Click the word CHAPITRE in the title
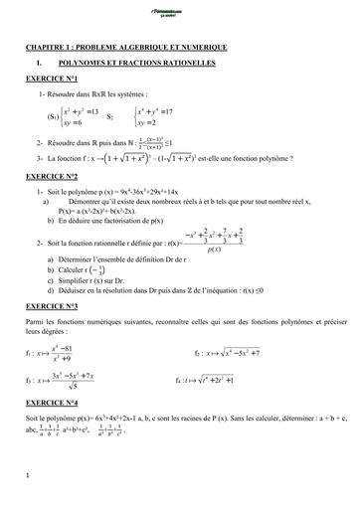coord(48,47)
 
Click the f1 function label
coord(30,354)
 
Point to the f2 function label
coord(199,353)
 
